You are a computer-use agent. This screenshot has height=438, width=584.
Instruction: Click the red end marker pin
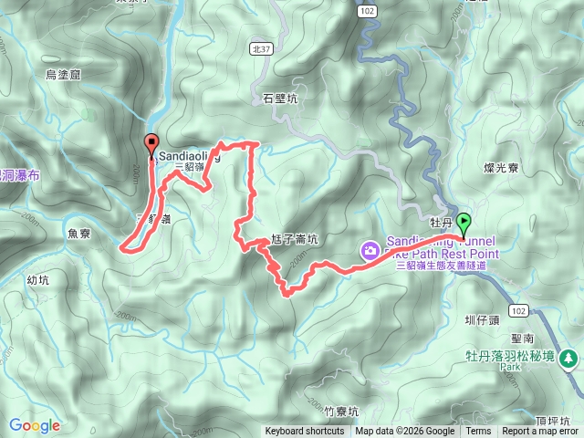[151, 143]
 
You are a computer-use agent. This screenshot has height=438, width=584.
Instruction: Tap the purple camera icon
[370, 248]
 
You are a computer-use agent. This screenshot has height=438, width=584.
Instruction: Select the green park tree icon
[570, 358]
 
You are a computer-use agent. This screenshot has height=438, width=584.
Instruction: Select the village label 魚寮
[78, 234]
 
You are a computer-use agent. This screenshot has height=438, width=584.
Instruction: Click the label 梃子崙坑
[293, 240]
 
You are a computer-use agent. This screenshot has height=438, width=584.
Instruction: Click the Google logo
[35, 425]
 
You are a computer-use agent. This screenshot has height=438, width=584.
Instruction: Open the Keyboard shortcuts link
[305, 432]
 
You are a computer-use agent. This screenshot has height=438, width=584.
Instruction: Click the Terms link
[478, 432]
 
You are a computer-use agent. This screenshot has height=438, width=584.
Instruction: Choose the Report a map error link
[540, 432]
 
